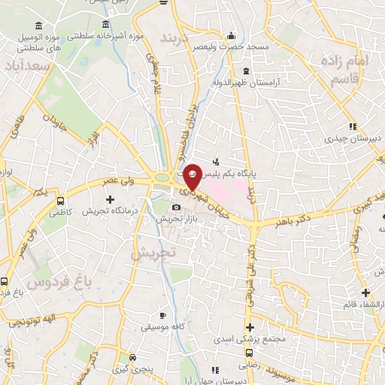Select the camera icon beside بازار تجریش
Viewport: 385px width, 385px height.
[176, 208]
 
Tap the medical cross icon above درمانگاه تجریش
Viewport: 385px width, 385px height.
[110, 199]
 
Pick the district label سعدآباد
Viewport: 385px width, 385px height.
[30, 67]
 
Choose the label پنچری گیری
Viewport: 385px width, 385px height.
[132, 370]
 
